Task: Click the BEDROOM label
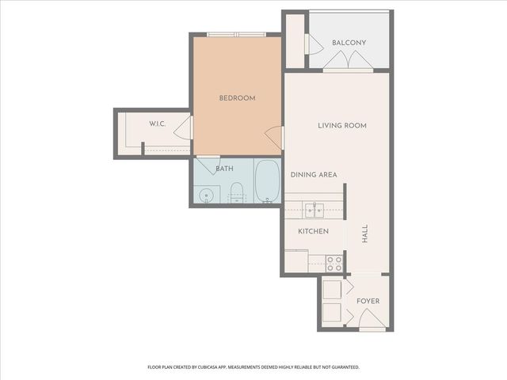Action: [x=237, y=98]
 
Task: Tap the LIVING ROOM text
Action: [x=342, y=126]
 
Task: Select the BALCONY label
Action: [x=349, y=42]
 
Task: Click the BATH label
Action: [x=225, y=169]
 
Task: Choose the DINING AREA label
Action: [x=314, y=175]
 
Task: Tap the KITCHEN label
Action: [x=313, y=231]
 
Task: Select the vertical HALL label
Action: [x=365, y=234]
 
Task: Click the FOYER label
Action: [x=368, y=302]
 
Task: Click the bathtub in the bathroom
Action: [x=267, y=181]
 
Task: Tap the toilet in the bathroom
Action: [x=235, y=191]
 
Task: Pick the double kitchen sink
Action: [x=314, y=210]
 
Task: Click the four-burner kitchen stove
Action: [x=334, y=263]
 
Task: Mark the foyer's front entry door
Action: [x=370, y=321]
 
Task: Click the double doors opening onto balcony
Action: [x=347, y=60]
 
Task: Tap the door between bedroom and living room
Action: [x=274, y=137]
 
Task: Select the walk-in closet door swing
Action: [x=182, y=127]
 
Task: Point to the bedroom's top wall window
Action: [x=237, y=34]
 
